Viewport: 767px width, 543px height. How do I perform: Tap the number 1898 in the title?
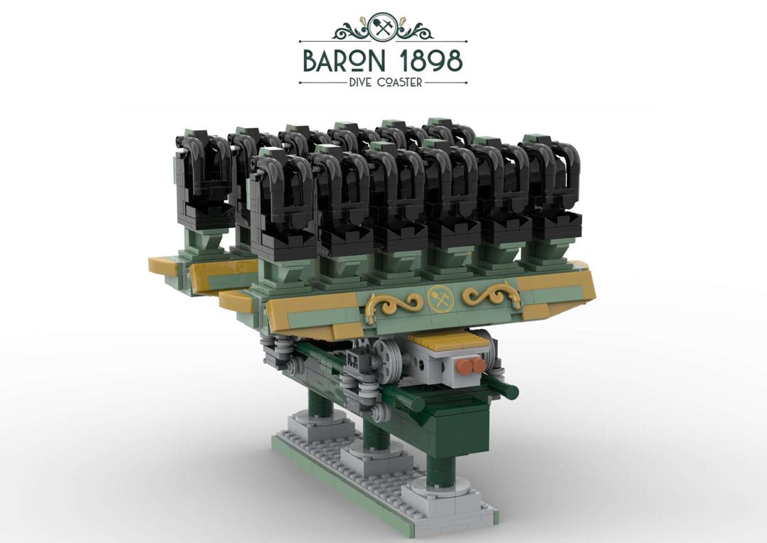pos(428,61)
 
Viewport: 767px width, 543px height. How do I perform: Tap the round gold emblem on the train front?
pos(438,298)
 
